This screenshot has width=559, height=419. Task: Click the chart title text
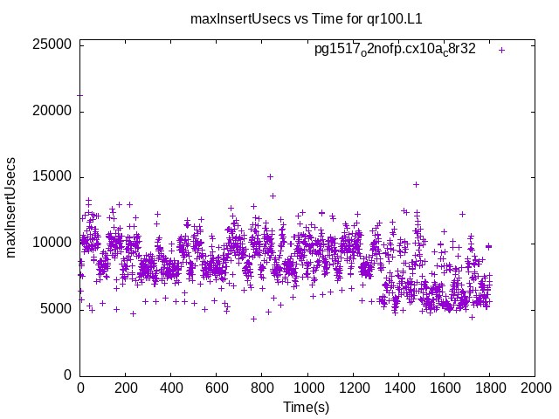pyautogui.click(x=307, y=18)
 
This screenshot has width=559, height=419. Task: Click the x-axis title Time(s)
pyautogui.click(x=307, y=407)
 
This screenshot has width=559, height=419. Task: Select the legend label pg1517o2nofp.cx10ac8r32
pyautogui.click(x=395, y=50)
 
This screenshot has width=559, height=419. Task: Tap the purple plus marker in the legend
pyautogui.click(x=501, y=50)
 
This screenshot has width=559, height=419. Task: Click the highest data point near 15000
pyautogui.click(x=270, y=176)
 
